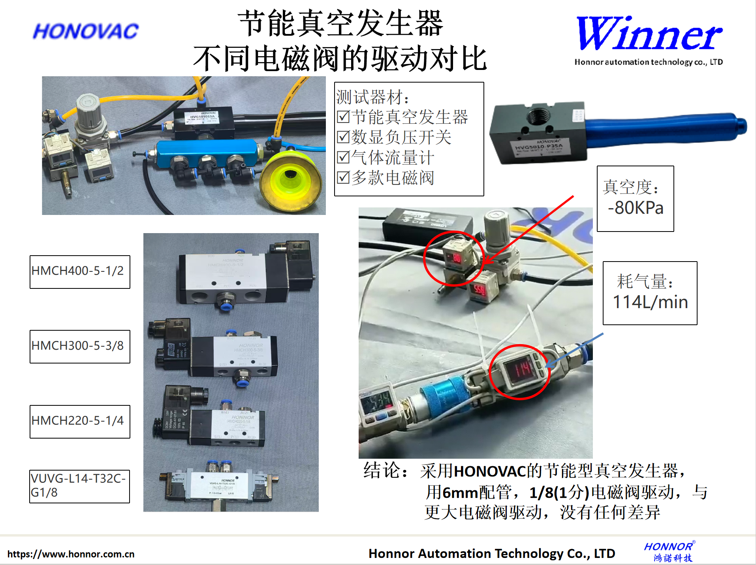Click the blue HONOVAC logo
pos(86,31)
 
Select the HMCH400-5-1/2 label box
pos(80,272)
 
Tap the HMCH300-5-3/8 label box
pos(80,347)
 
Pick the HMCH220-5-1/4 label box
pos(80,422)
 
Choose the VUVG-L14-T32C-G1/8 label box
pos(79,486)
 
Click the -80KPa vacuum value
pos(636,208)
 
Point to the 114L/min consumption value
pos(650,302)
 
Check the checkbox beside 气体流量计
pos(343,157)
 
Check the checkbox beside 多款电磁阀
pos(343,177)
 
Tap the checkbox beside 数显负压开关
pos(343,137)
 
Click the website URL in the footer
pos(71,554)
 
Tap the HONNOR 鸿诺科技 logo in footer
pos(669,552)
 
